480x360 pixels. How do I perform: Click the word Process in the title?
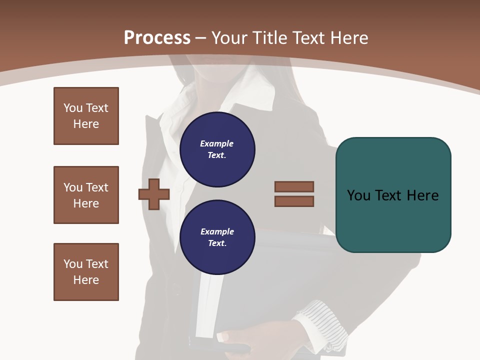click(157, 37)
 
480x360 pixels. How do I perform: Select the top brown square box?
click(86, 116)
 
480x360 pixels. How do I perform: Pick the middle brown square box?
click(86, 195)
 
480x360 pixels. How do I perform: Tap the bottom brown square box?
click(86, 272)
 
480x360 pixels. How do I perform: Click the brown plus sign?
click(154, 194)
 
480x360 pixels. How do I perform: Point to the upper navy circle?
click(217, 149)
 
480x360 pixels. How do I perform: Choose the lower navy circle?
click(217, 237)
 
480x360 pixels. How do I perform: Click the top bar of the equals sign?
click(294, 186)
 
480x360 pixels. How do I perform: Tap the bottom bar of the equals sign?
click(294, 201)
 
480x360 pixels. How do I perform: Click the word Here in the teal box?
click(422, 195)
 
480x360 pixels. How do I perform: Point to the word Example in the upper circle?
click(216, 143)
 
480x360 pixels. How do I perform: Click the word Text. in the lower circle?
click(217, 243)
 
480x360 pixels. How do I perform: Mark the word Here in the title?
click(348, 37)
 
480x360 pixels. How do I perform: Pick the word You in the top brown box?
click(73, 108)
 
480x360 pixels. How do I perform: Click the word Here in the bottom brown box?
click(86, 280)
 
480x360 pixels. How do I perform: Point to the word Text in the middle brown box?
click(97, 187)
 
